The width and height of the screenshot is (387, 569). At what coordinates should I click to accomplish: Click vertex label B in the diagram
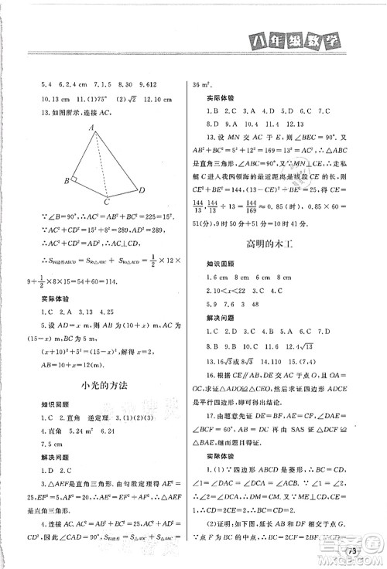(x=68, y=181)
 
